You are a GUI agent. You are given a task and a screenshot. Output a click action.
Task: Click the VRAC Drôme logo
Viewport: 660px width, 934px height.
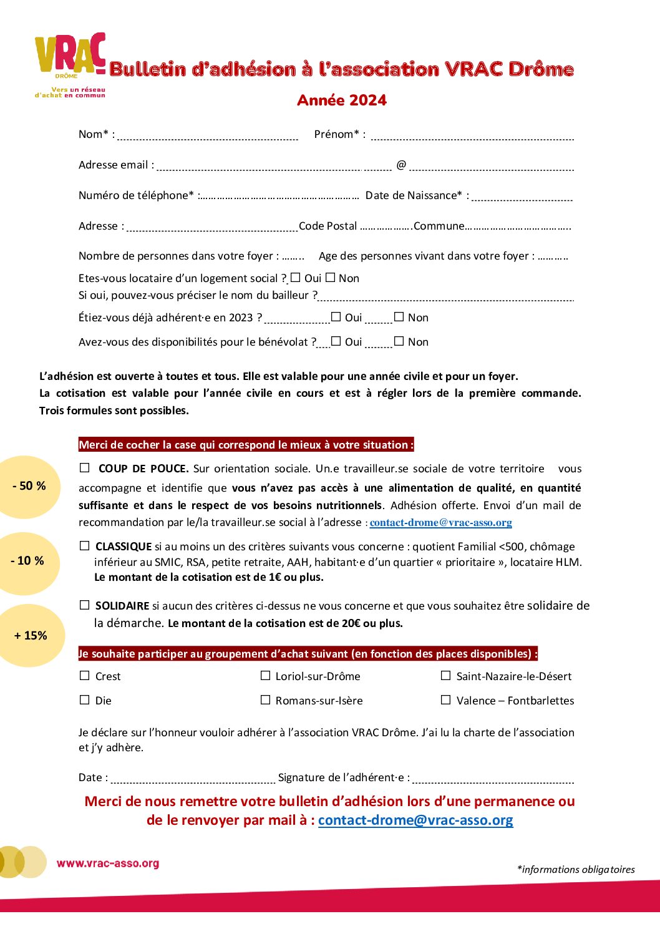point(70,62)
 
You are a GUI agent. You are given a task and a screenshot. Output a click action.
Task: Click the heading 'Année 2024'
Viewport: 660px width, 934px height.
point(342,100)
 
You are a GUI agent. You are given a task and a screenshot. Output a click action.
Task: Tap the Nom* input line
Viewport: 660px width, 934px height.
point(208,137)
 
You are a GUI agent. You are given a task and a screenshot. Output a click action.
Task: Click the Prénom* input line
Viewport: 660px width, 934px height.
point(472,137)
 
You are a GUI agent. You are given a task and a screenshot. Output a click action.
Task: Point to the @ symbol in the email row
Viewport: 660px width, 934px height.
point(401,164)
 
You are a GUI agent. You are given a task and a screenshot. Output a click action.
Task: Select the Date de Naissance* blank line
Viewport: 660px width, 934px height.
point(522,198)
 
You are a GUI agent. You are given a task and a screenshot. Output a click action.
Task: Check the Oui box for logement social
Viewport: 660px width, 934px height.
point(296,278)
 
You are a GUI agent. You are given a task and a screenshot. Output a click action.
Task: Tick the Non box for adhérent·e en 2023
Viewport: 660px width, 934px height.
point(399,317)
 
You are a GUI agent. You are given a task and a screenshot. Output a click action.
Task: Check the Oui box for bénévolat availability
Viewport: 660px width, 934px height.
point(336,341)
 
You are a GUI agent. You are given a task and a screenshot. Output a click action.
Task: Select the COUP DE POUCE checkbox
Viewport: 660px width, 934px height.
point(85,468)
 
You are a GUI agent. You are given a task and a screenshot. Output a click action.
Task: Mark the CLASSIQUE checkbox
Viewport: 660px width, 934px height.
point(85,546)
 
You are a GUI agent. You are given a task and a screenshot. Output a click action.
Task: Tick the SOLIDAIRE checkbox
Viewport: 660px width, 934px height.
point(85,605)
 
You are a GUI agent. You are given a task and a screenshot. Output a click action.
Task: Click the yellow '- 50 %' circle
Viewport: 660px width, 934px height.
point(29,486)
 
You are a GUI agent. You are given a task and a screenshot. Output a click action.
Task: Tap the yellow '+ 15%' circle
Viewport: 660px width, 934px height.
point(31,635)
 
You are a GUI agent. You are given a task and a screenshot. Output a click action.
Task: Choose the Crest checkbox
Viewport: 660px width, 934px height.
point(85,676)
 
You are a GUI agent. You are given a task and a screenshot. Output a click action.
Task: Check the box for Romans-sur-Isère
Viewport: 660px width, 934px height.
point(265,700)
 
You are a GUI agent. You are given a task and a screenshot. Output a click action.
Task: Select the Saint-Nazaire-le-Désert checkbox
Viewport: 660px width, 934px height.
point(445,676)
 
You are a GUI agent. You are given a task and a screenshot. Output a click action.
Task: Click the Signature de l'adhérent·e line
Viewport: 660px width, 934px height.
point(493,780)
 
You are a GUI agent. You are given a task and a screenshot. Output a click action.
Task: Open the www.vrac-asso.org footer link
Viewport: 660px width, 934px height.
point(108,863)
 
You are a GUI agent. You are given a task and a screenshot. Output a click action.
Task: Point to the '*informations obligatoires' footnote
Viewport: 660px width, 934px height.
point(576,869)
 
